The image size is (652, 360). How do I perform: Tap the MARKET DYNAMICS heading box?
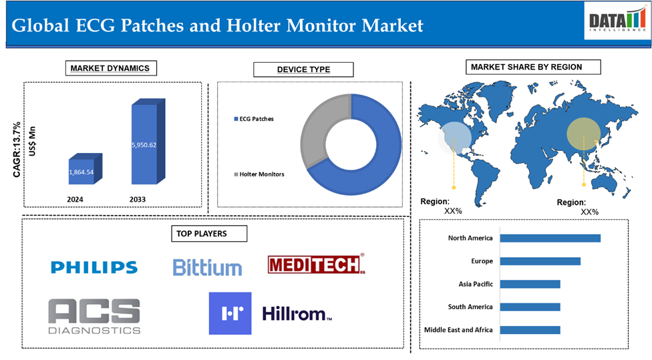[111, 68]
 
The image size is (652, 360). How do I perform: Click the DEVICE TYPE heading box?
[303, 69]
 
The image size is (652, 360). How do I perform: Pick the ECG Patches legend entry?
[254, 119]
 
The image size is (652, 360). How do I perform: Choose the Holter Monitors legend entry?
[259, 174]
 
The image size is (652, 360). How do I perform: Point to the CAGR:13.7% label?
[17, 150]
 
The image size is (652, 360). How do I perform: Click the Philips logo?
[94, 267]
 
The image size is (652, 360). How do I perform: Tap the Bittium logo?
[207, 267]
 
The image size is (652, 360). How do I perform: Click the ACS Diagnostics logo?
[94, 317]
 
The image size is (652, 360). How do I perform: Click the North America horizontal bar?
[550, 238]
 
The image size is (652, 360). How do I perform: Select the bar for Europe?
[540, 261]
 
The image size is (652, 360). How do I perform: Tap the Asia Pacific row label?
[476, 284]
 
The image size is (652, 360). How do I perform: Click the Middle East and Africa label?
[458, 330]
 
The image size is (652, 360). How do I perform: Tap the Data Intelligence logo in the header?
[617, 20]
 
